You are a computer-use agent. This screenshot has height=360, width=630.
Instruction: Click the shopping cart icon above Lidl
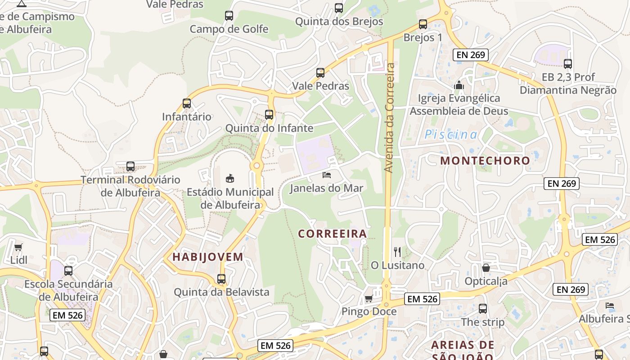(18, 247)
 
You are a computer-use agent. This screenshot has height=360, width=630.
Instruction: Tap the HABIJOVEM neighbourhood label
(208, 257)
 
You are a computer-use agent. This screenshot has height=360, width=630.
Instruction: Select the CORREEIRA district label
(333, 234)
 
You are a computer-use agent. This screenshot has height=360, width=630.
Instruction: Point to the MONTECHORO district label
(485, 161)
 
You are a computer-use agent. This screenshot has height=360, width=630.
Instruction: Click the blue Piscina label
(451, 134)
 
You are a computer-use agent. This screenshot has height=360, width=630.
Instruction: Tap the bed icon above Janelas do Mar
(327, 175)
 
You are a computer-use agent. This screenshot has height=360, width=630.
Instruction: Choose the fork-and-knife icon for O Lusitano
(397, 252)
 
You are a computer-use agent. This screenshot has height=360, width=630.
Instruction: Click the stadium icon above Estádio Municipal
(230, 178)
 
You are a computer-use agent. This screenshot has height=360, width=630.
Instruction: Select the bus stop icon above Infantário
(187, 103)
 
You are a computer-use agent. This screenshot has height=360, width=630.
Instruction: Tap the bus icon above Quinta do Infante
(269, 115)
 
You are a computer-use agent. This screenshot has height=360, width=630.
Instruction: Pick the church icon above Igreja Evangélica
(459, 85)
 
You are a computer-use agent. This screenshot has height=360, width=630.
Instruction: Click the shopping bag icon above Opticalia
(486, 268)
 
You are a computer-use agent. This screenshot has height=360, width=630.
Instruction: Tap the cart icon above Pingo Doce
(369, 298)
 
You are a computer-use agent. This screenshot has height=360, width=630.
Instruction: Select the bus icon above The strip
(483, 309)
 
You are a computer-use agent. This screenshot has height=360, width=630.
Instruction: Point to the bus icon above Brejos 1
(423, 24)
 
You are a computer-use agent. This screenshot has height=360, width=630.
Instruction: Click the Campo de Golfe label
(229, 29)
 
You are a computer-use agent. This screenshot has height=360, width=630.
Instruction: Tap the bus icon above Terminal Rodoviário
(130, 166)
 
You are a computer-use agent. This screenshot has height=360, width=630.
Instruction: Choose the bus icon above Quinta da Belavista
(221, 279)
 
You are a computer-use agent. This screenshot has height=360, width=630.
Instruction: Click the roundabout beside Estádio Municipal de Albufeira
(257, 166)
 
